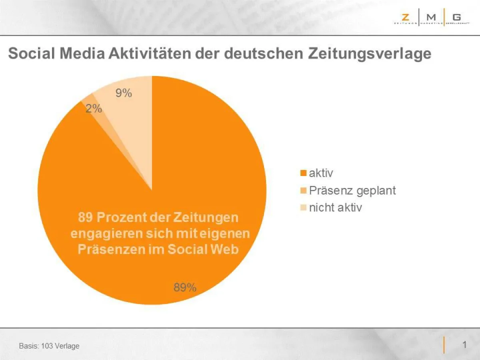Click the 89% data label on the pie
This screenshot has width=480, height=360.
pyautogui.click(x=184, y=287)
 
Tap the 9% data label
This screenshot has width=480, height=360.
pyautogui.click(x=124, y=93)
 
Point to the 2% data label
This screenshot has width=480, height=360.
pyautogui.click(x=94, y=108)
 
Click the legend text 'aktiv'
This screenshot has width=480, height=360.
pyautogui.click(x=321, y=173)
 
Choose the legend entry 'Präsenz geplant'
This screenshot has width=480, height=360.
pyautogui.click(x=352, y=190)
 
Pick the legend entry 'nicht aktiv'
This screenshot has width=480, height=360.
pyautogui.click(x=335, y=208)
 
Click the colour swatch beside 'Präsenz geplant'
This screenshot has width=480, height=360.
pyautogui.click(x=303, y=191)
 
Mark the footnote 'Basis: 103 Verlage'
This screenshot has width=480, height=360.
pyautogui.click(x=49, y=346)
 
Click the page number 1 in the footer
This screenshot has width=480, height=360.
pyautogui.click(x=464, y=345)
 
